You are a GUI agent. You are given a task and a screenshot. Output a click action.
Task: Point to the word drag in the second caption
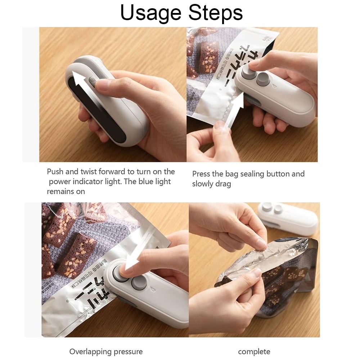(x=223, y=184)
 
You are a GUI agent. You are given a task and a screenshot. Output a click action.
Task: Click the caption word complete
(x=254, y=352)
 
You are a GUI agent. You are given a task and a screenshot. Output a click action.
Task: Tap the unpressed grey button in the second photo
(x=263, y=78)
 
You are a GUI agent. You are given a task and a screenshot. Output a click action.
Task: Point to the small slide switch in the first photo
(x=92, y=81)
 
